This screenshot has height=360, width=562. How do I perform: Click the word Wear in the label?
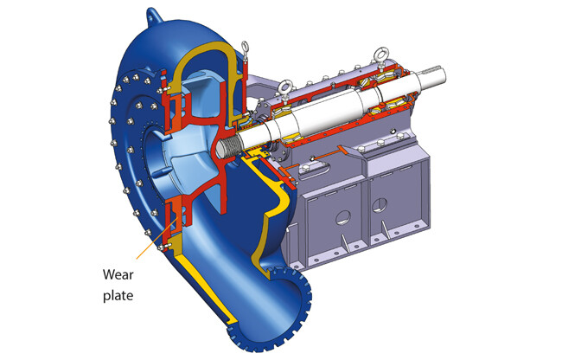tap(118, 274)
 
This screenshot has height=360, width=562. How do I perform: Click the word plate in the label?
tap(118, 296)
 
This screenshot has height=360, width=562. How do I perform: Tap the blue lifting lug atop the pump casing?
tap(155, 16)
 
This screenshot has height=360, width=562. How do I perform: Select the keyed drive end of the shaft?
tap(433, 75)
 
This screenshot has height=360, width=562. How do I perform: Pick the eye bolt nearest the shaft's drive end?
tap(380, 56)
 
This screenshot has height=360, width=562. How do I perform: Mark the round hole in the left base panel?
tap(343, 217)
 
